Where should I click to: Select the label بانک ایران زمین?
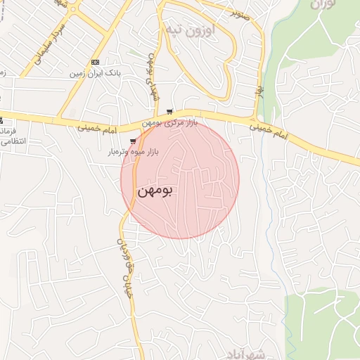(96, 73)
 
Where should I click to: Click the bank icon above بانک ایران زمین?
(96, 62)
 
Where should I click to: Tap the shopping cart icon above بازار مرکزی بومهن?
(169, 112)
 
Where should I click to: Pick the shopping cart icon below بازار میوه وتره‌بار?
(133, 161)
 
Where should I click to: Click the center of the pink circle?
(180, 179)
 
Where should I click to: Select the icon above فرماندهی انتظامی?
(1, 120)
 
